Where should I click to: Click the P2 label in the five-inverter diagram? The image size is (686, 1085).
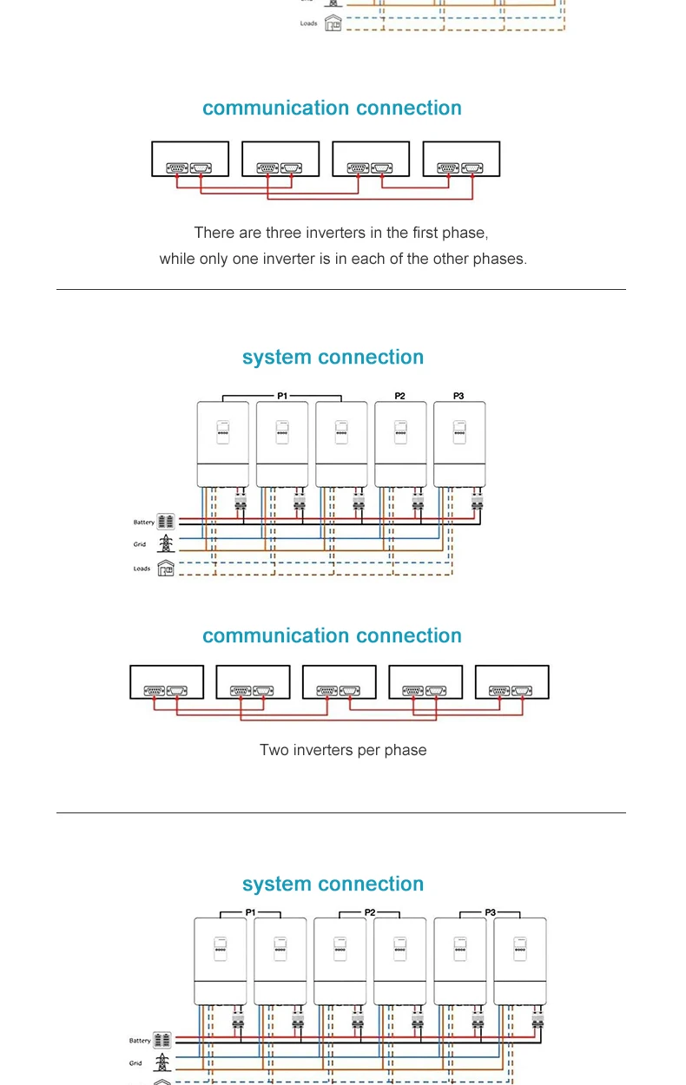(399, 396)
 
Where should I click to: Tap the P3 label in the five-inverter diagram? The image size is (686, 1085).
(458, 396)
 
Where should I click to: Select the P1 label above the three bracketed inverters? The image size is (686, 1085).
(282, 396)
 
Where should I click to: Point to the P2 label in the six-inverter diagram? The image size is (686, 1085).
(370, 912)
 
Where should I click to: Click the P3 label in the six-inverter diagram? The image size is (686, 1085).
(490, 912)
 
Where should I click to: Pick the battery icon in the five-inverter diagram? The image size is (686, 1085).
(166, 522)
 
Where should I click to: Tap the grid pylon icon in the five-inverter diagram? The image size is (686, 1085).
(166, 544)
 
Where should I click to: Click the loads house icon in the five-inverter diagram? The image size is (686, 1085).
(166, 569)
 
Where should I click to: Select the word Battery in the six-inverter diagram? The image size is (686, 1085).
(140, 1040)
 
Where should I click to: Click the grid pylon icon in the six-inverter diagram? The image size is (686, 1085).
(162, 1062)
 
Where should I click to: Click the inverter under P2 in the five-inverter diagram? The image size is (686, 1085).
(400, 444)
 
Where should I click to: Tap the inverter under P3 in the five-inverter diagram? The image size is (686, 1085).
(459, 444)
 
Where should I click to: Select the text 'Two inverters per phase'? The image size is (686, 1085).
(343, 750)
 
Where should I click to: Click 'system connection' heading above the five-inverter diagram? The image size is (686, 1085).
(333, 358)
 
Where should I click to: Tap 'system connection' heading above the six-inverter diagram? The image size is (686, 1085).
(333, 884)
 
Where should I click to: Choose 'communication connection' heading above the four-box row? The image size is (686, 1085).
(332, 108)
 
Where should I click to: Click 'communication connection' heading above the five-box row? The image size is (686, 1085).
(332, 636)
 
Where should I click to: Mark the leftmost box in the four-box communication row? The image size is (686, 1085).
(190, 160)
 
